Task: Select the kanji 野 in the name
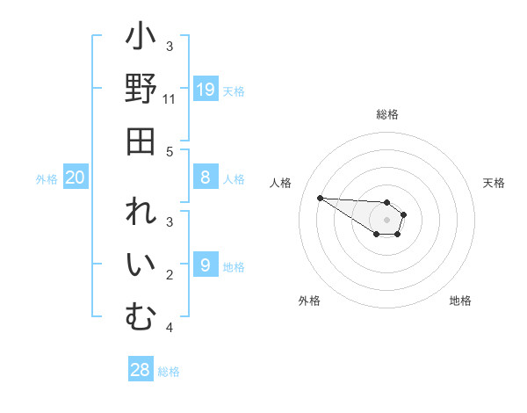[x=141, y=89]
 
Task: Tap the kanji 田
[x=141, y=141]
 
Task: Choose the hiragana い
[x=141, y=265]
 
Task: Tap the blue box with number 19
[x=206, y=89]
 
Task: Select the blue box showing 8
[x=206, y=178]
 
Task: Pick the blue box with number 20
[x=76, y=178]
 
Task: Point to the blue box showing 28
[x=141, y=370]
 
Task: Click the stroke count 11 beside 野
[x=170, y=99]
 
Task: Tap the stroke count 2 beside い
[x=170, y=275]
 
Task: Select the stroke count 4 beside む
[x=170, y=328]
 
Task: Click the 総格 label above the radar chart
[x=387, y=114]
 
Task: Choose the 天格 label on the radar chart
[x=494, y=183]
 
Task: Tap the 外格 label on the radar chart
[x=309, y=301]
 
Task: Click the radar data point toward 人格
[x=320, y=198]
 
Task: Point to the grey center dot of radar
[x=386, y=219]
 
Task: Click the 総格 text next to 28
[x=170, y=372]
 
